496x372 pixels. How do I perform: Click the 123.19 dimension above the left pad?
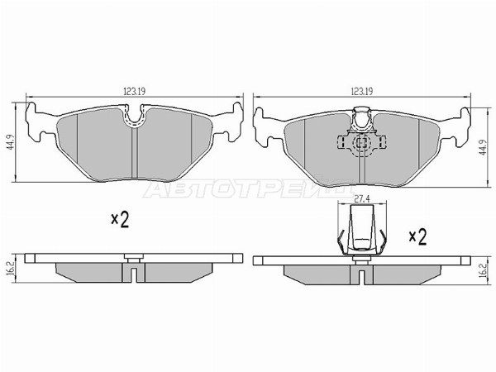134,91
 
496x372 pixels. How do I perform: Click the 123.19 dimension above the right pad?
362,91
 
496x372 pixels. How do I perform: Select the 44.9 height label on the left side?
10,142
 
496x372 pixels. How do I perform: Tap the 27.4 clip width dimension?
362,199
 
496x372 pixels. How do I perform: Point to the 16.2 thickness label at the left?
10,268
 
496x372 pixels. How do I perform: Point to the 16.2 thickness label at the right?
482,271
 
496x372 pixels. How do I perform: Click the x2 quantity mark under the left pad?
120,220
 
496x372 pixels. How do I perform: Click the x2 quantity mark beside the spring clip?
417,237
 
